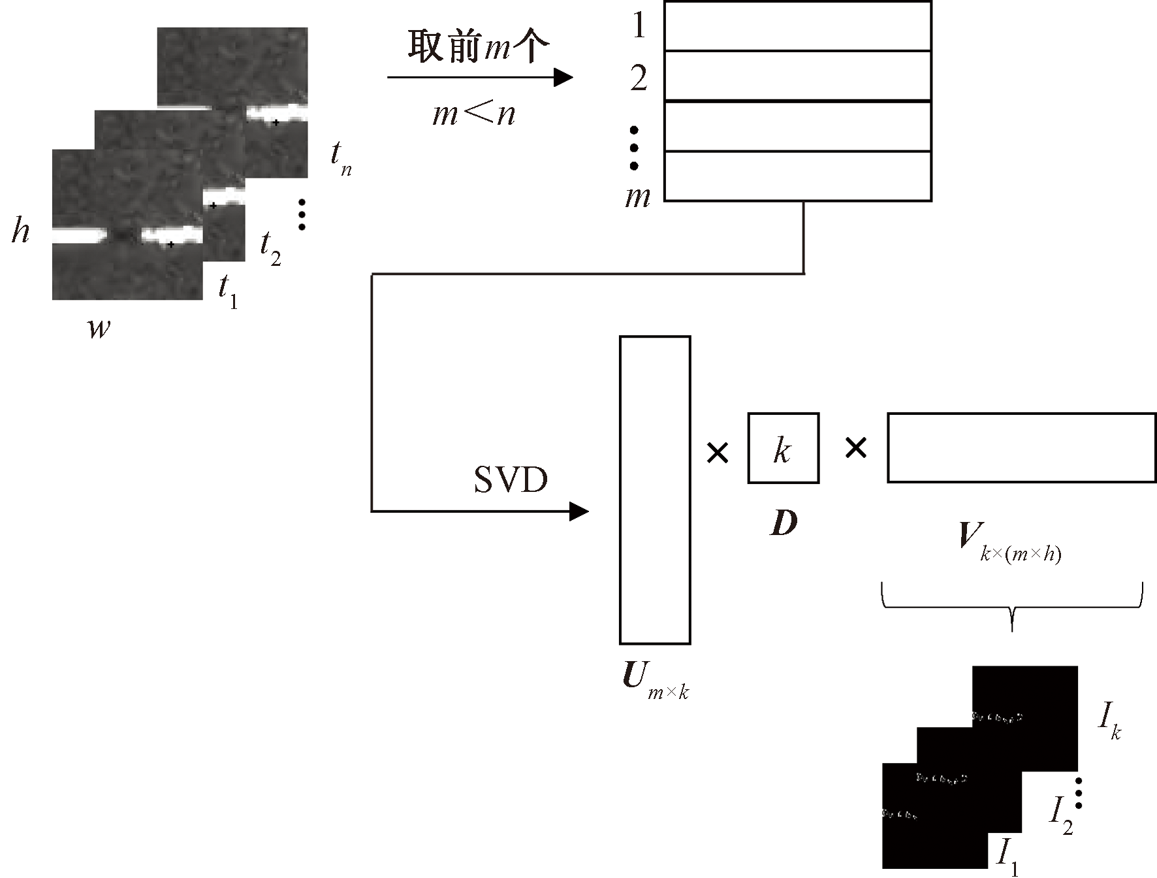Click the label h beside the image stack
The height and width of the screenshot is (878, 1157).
(x=20, y=231)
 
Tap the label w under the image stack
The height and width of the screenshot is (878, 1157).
(x=99, y=327)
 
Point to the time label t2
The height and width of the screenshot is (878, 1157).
(x=270, y=248)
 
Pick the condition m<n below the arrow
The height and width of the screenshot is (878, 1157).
(x=474, y=115)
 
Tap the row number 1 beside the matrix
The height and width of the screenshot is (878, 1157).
(x=639, y=26)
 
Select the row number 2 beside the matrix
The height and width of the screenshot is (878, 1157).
(x=639, y=78)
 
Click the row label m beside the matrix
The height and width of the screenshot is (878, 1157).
(x=638, y=195)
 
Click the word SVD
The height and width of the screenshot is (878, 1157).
(x=511, y=480)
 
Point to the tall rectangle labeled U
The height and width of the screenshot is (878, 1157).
(x=655, y=490)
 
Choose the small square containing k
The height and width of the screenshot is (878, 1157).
(x=783, y=448)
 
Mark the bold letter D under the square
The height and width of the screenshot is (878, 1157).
(x=784, y=523)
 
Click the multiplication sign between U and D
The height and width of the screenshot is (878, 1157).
(x=718, y=452)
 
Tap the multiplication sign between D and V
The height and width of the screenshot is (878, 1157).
(x=855, y=448)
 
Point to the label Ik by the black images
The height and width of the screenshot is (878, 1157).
(x=1110, y=723)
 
